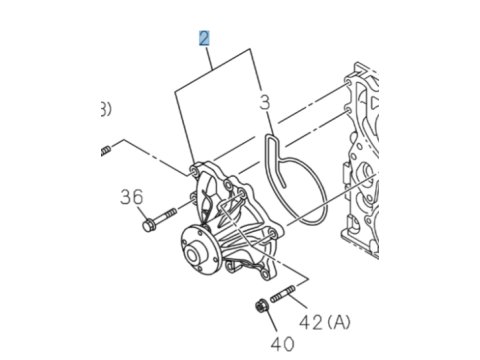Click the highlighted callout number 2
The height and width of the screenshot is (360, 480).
click(x=204, y=38)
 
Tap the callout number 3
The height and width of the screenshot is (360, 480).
click(x=265, y=102)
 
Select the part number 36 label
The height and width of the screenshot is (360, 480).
click(x=132, y=197)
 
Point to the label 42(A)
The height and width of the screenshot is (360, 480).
click(x=325, y=322)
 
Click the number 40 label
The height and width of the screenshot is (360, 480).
click(x=282, y=344)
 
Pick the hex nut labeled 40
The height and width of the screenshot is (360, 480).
click(x=262, y=306)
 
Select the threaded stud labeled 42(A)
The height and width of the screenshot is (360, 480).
click(x=282, y=294)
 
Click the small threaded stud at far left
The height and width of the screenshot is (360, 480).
click(x=106, y=151)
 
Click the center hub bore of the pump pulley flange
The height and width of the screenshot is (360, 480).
click(x=192, y=256)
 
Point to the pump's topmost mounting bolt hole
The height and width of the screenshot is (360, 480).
click(x=194, y=171)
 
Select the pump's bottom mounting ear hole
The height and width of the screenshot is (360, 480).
click(x=265, y=275)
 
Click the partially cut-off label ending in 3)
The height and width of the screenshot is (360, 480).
click(x=106, y=109)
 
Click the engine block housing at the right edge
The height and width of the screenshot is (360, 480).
click(x=361, y=160)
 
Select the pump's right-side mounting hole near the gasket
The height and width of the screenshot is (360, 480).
click(x=272, y=233)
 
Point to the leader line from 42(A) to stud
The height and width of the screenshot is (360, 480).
click(x=297, y=301)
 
